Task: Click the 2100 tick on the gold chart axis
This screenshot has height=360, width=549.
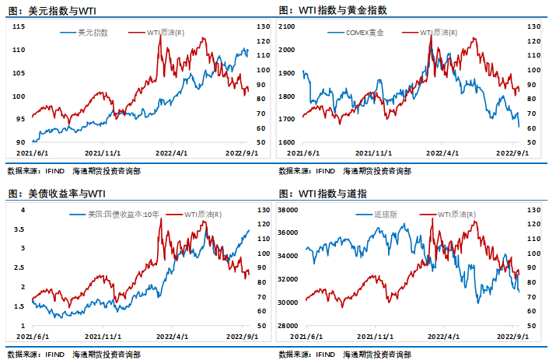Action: tap(289, 26)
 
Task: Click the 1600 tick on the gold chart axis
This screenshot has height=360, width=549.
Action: tap(289, 142)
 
